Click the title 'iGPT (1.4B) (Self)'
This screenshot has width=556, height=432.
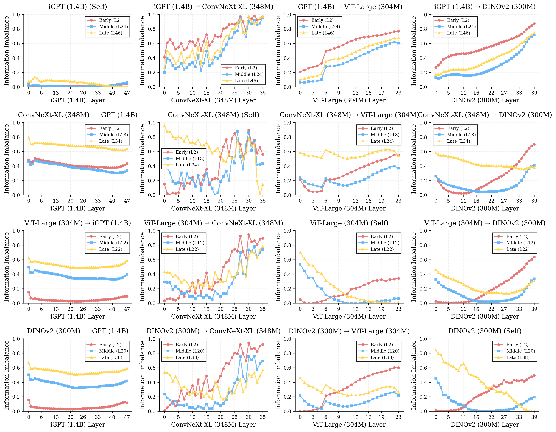pyautogui.click(x=78, y=7)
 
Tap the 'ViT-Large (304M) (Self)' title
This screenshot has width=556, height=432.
pyautogui.click(x=349, y=223)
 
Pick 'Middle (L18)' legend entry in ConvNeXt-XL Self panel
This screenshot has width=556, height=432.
pyautogui.click(x=190, y=159)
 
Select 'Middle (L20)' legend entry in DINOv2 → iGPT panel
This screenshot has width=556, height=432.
pyautogui.click(x=114, y=351)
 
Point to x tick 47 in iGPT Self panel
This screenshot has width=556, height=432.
pyautogui.click(x=127, y=93)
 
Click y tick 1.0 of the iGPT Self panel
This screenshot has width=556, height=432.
pyautogui.click(x=16, y=15)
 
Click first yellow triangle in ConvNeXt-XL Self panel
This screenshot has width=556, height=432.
pyautogui.click(x=164, y=126)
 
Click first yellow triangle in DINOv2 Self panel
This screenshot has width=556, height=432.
pyautogui.click(x=436, y=350)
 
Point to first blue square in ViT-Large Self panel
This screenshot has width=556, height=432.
pyautogui.click(x=300, y=264)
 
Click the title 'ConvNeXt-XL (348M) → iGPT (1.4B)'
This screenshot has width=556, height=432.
pyautogui.click(x=78, y=115)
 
